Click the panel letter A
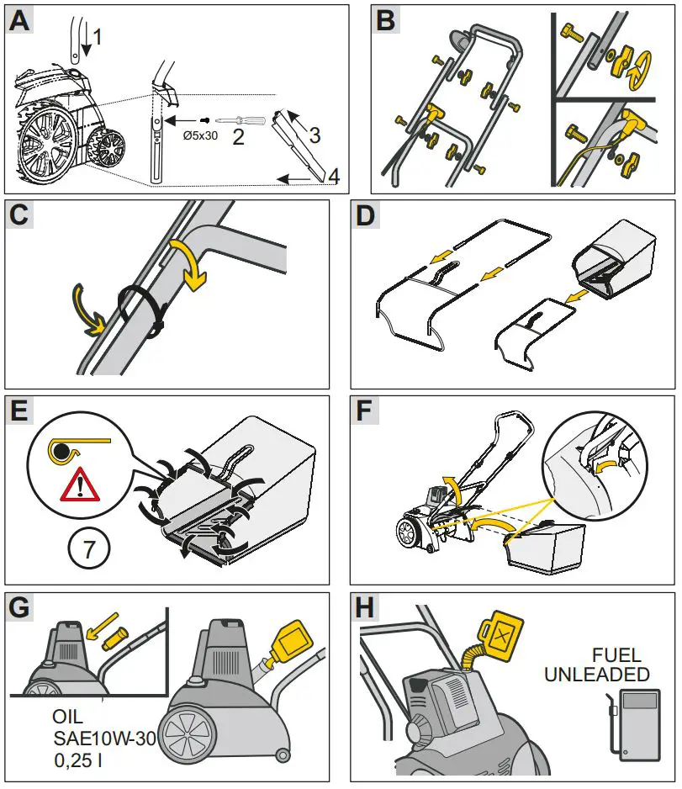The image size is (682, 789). pos(19,22)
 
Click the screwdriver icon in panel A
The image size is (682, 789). pos(243,120)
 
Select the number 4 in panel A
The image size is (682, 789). pos(334,177)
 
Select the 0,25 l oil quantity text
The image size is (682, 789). pos(77,760)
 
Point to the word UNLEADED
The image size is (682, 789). pos(596,675)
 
